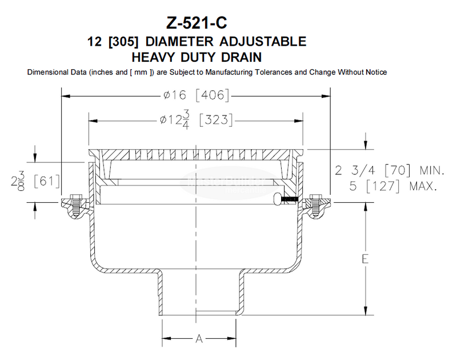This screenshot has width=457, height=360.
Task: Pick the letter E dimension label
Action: click(363, 258)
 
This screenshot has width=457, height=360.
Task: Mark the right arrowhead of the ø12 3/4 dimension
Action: click(300, 121)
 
